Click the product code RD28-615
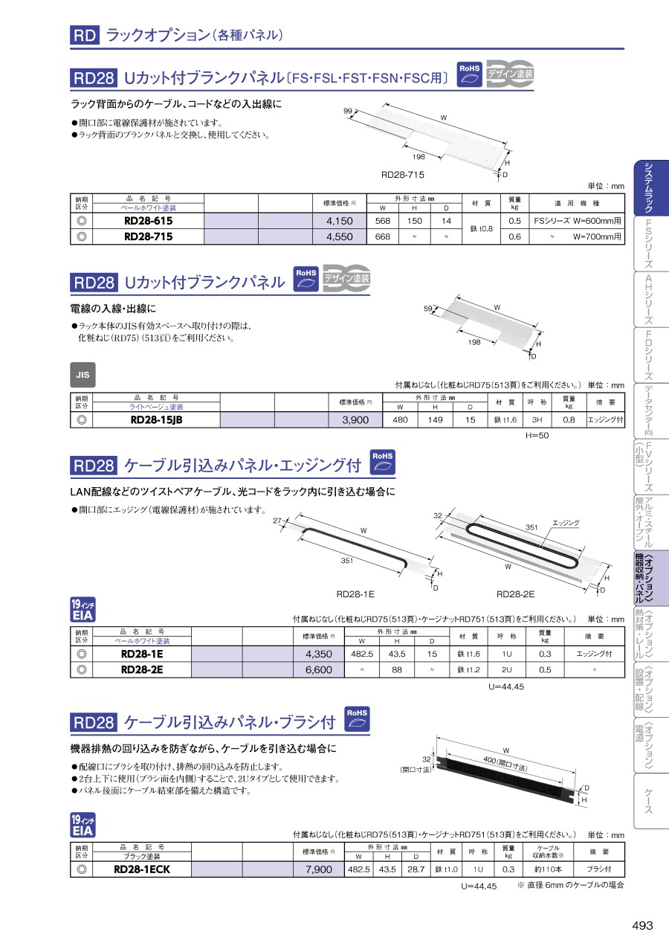click(x=148, y=221)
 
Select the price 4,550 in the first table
click(x=340, y=236)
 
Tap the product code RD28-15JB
click(x=156, y=419)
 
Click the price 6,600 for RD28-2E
click(x=319, y=669)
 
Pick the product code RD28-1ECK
click(x=142, y=869)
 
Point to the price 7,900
click(x=319, y=869)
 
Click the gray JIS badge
click(x=83, y=375)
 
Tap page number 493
click(x=642, y=925)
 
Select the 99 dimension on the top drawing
click(x=348, y=111)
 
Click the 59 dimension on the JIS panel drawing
click(x=428, y=309)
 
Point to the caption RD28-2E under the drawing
click(x=515, y=594)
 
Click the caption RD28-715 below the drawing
click(x=403, y=175)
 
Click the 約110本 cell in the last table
click(x=549, y=869)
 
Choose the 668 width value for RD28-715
click(x=382, y=236)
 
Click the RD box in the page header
click(x=85, y=35)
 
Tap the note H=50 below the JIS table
click(x=537, y=435)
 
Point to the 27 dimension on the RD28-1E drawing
click(x=277, y=521)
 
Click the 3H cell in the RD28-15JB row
click(x=537, y=419)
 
